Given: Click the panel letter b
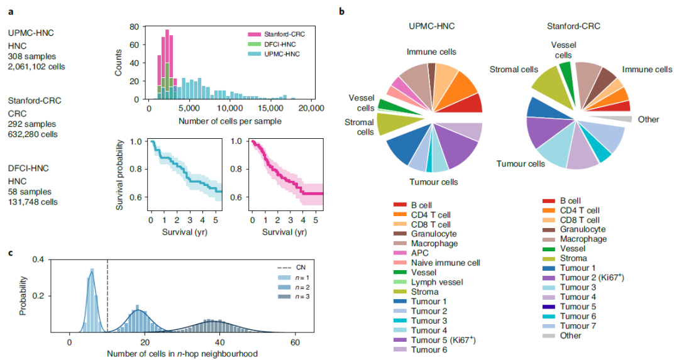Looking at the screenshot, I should pos(341,11).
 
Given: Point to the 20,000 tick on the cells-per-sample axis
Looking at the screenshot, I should pos(311,108).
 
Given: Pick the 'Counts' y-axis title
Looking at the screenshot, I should pos(118,63).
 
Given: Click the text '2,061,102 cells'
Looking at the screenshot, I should pos(36,66).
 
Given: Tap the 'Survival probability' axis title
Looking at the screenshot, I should pos(118,170).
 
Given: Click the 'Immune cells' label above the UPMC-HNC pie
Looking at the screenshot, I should pos(431,52).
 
